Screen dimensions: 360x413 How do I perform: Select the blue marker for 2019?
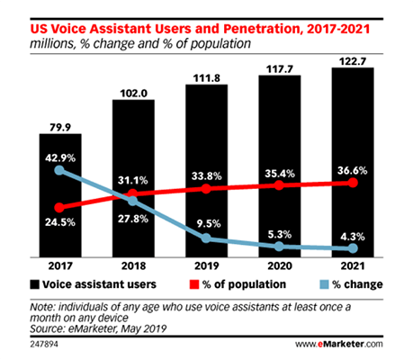coord(206,238)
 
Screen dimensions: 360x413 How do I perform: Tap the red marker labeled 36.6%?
coord(351,183)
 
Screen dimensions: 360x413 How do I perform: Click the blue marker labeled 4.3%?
coord(351,248)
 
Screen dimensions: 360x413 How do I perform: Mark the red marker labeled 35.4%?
coord(279,185)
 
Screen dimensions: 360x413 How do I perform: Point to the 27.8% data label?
coord(134,220)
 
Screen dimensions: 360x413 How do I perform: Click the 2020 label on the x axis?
coord(279,267)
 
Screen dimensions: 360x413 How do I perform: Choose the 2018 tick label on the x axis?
coord(134,267)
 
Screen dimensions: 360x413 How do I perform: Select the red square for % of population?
coord(192,284)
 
